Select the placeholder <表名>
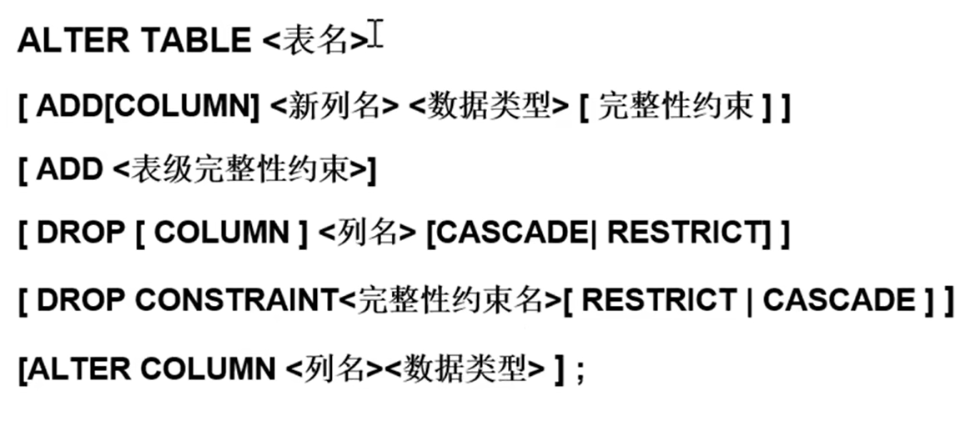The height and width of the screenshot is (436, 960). tap(314, 41)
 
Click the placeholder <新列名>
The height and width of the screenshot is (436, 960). tap(334, 107)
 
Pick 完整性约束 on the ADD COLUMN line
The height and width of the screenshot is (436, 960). tap(676, 107)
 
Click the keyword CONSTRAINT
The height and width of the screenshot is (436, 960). tap(237, 300)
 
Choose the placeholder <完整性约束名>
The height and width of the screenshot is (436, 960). tap(451, 300)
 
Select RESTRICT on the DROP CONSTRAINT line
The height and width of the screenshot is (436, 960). tap(658, 300)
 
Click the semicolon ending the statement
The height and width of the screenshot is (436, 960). tap(581, 368)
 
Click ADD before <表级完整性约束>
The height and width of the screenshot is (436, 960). tap(70, 170)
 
